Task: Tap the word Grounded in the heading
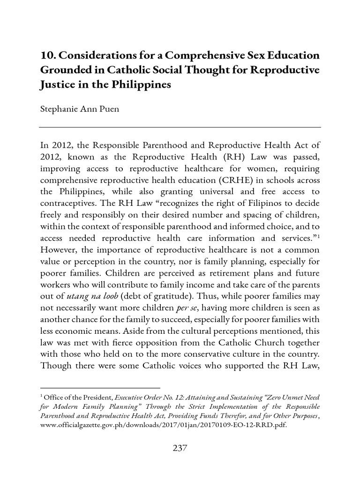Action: pyautogui.click(x=66, y=71)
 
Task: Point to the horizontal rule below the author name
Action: pyautogui.click(x=180, y=127)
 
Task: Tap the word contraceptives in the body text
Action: pyautogui.click(x=68, y=217)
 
